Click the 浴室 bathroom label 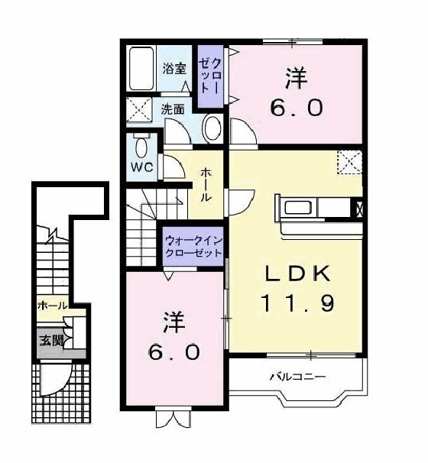(x=174, y=69)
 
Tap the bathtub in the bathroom (x=141, y=69)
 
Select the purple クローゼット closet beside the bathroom (x=210, y=76)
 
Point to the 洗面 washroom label (x=173, y=109)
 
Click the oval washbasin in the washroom (x=212, y=129)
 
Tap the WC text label (x=142, y=167)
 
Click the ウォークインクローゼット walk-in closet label (x=193, y=247)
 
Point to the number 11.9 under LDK (x=298, y=303)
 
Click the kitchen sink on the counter (x=298, y=208)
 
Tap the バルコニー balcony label (x=298, y=377)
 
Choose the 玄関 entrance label (x=51, y=341)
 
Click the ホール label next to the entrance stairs (x=53, y=306)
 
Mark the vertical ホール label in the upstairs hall (x=206, y=185)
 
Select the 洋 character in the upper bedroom (x=297, y=78)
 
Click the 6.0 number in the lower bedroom (x=174, y=352)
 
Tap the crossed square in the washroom (x=139, y=109)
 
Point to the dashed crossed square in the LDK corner (x=350, y=162)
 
